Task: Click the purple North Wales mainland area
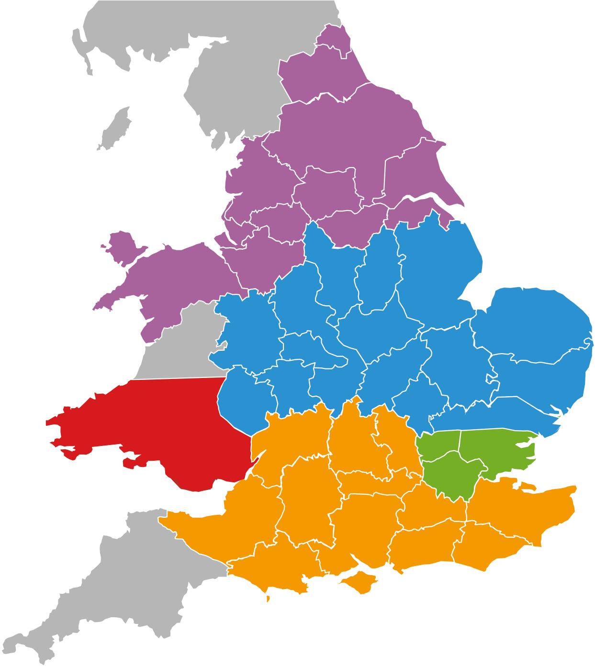click(x=177, y=278)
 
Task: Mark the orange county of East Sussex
click(x=483, y=550)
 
